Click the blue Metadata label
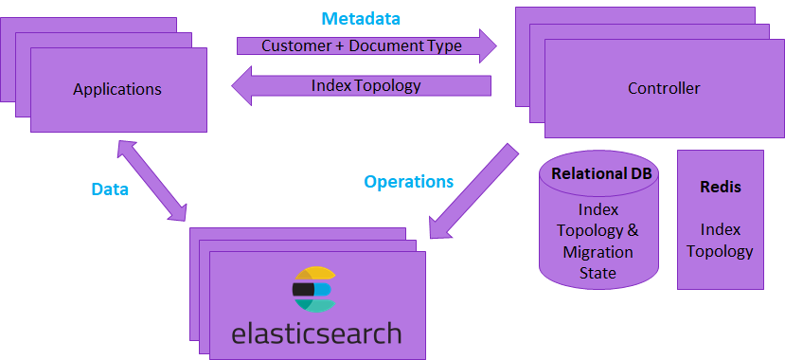[x=361, y=19]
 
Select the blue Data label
[x=110, y=189]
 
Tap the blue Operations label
[x=409, y=181]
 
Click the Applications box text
[x=117, y=90]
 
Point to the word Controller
[x=664, y=88]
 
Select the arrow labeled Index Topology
[x=365, y=85]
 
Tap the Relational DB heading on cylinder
[x=598, y=174]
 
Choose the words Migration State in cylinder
[x=598, y=262]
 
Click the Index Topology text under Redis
[x=720, y=240]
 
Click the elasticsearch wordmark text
[x=315, y=333]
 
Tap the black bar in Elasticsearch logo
[x=303, y=289]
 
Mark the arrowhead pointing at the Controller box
[x=488, y=45]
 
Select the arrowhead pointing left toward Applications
[x=242, y=86]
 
